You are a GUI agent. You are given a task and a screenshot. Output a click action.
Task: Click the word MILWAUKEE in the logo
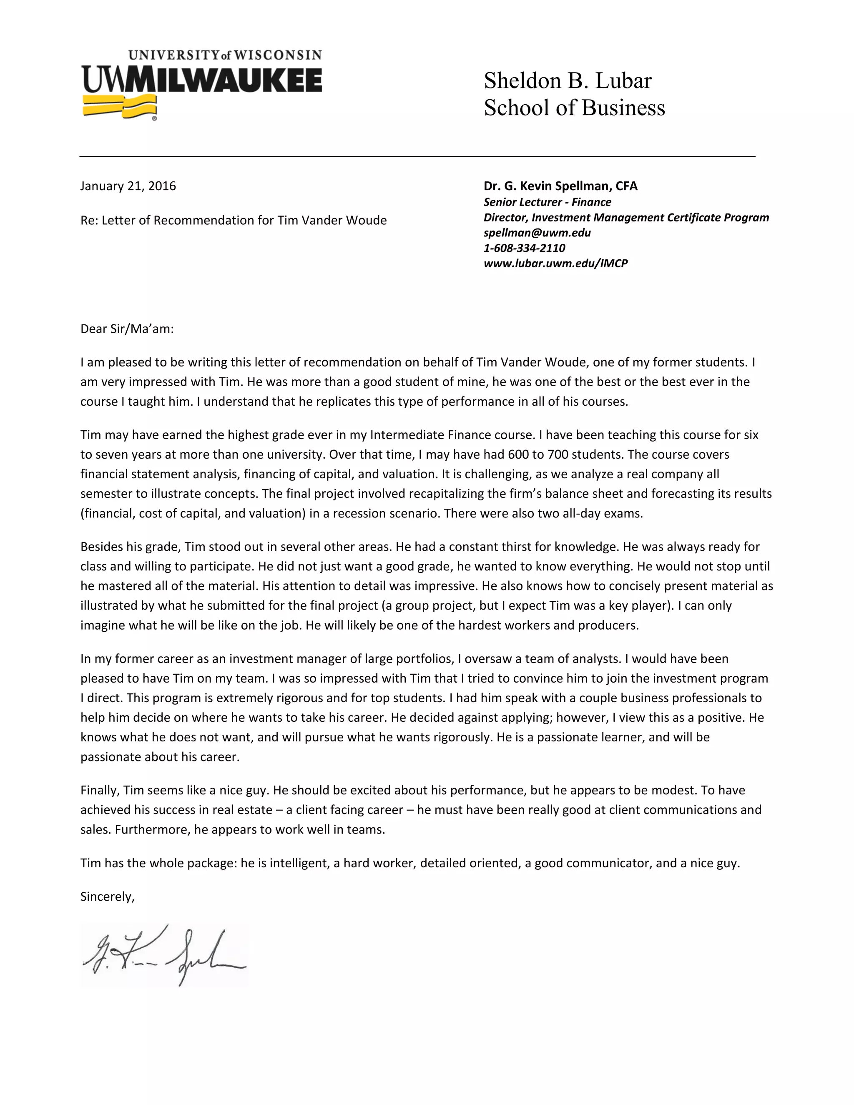(x=223, y=81)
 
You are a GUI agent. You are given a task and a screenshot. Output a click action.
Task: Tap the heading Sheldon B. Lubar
(x=567, y=81)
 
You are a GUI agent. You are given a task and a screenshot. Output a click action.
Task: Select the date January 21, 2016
(x=128, y=186)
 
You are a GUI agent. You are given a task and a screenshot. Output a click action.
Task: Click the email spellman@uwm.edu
(x=537, y=233)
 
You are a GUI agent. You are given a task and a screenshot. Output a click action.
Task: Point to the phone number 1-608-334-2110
(x=524, y=248)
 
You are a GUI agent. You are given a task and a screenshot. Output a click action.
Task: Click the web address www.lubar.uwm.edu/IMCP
(x=555, y=263)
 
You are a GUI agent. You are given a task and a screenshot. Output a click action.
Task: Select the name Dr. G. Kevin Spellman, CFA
(x=560, y=186)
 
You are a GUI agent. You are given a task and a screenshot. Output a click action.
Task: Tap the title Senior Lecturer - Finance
(x=547, y=202)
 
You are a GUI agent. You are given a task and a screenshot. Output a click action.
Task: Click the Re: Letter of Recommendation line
(x=233, y=220)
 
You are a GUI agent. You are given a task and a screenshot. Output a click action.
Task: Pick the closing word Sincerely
(x=107, y=897)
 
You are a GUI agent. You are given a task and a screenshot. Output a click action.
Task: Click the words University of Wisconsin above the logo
(x=225, y=55)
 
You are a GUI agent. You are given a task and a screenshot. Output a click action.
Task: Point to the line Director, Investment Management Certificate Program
(x=626, y=218)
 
